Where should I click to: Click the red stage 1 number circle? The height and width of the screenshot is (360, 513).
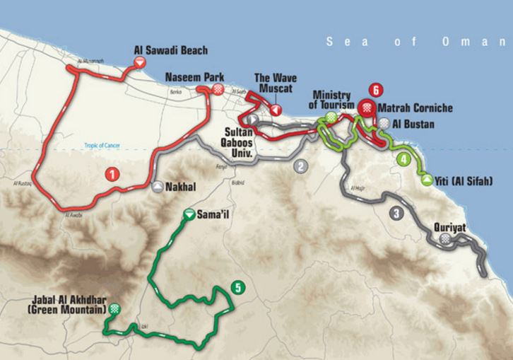tap(111, 173)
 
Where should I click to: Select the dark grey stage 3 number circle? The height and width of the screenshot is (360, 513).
tap(396, 213)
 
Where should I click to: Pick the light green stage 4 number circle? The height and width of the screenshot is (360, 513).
tap(403, 159)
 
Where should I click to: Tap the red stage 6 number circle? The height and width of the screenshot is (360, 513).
tap(376, 90)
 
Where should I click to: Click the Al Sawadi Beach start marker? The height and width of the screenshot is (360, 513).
tap(140, 64)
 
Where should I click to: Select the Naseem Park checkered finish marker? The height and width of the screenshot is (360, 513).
tap(219, 89)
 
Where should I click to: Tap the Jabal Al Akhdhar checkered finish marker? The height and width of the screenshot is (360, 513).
tap(114, 309)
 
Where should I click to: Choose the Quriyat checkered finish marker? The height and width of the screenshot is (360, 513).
tap(445, 240)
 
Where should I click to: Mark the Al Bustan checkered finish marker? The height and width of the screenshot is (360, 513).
tap(384, 123)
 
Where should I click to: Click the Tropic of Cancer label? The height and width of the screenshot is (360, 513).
tap(99, 146)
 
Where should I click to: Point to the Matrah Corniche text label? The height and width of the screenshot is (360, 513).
tap(415, 108)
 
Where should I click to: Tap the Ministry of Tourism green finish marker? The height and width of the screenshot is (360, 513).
tap(331, 115)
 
